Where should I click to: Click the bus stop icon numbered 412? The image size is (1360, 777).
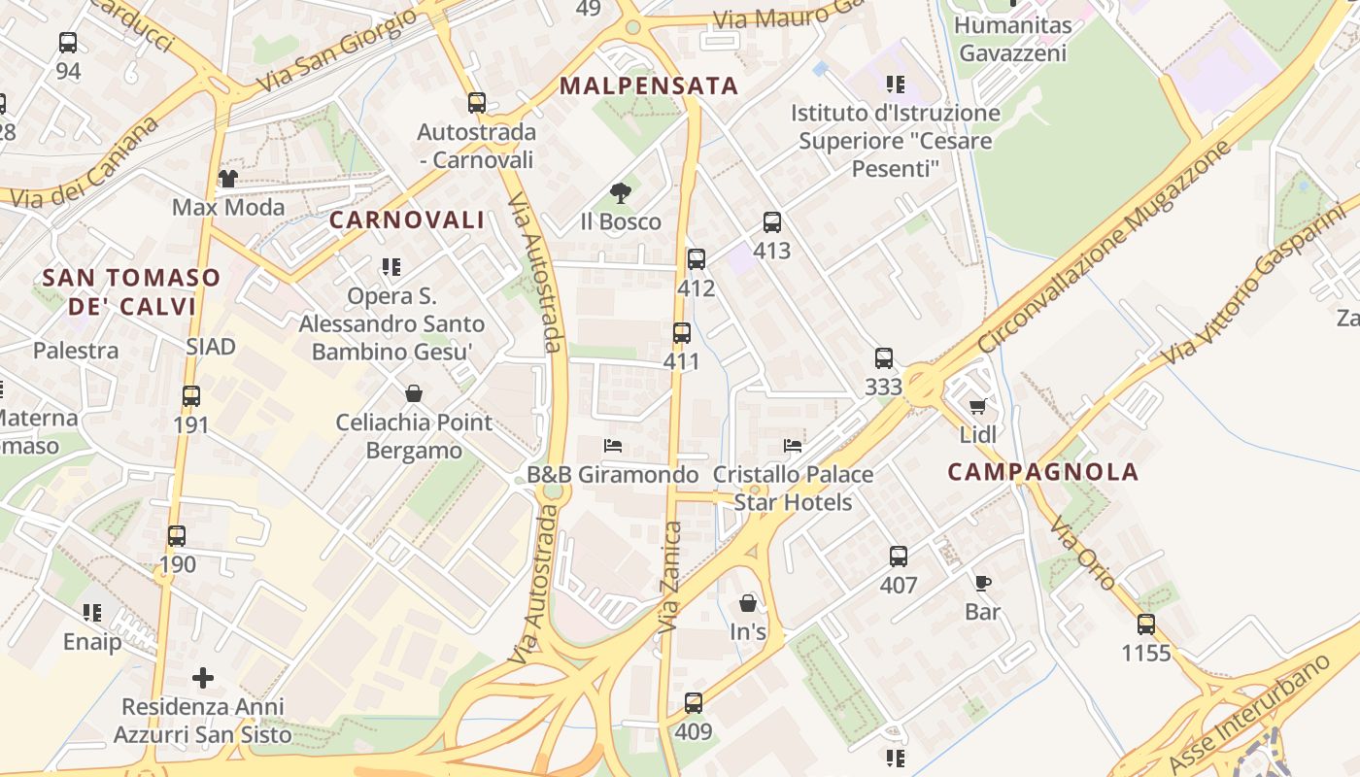[696, 259]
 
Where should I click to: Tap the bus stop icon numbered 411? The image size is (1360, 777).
[682, 333]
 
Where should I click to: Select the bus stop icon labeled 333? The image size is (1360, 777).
[883, 357]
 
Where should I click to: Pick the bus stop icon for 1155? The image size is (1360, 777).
[1146, 625]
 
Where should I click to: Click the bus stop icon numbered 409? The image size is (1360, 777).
[693, 703]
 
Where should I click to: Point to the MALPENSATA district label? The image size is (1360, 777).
[649, 85]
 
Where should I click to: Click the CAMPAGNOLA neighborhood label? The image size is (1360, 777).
[1042, 472]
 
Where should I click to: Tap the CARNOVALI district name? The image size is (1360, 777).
[406, 220]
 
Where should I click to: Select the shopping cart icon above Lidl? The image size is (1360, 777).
[977, 406]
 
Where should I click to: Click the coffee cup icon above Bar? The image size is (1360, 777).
[982, 583]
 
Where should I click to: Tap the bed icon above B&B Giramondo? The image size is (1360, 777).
[612, 446]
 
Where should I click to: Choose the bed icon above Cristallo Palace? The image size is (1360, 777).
[793, 446]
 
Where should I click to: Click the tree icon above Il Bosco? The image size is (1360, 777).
[620, 192]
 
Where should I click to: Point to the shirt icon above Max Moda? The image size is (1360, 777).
[227, 178]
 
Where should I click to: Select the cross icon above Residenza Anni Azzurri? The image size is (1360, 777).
[202, 677]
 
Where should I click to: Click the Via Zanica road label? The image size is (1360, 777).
[670, 578]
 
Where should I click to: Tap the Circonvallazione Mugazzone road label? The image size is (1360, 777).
[1104, 247]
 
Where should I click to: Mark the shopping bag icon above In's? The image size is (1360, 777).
[747, 603]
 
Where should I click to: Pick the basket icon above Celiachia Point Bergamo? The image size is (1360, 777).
[414, 393]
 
